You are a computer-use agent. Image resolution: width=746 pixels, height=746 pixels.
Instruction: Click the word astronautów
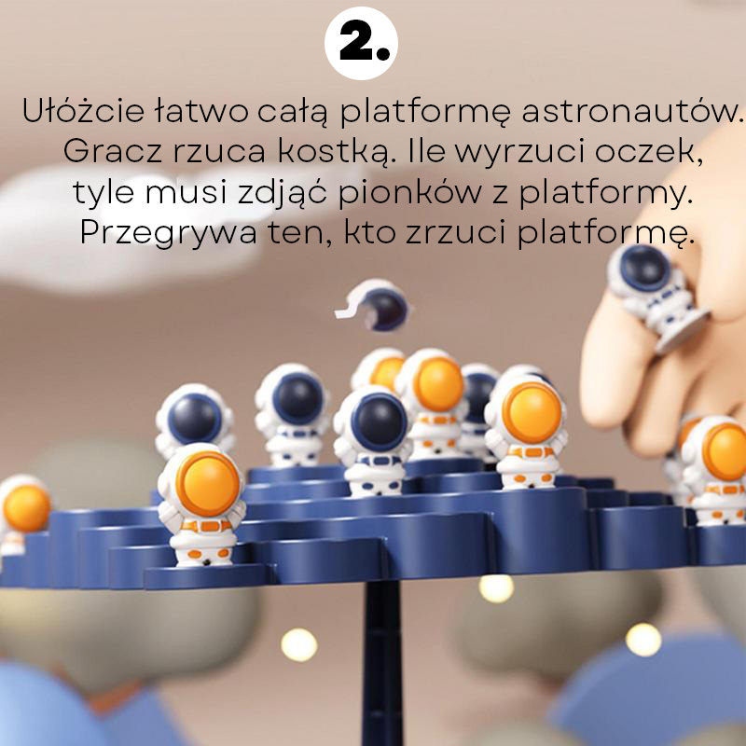pyautogui.click(x=632, y=111)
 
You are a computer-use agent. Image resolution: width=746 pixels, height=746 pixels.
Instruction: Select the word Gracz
pyautogui.click(x=114, y=151)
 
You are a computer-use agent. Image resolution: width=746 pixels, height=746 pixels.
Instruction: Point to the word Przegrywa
pyautogui.click(x=169, y=233)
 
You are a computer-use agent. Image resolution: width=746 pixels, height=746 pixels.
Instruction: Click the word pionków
pyautogui.click(x=409, y=193)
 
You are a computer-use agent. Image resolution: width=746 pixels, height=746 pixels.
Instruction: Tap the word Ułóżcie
pyautogui.click(x=83, y=110)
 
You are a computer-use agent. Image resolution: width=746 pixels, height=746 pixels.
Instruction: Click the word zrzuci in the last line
pyautogui.click(x=456, y=232)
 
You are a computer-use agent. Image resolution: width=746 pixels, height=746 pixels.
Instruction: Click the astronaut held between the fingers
pyautogui.click(x=655, y=295)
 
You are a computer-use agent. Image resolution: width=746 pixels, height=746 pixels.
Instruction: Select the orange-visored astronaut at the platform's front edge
pyautogui.click(x=201, y=504)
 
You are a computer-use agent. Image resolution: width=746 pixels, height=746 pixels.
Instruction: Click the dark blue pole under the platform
pyautogui.click(x=381, y=662)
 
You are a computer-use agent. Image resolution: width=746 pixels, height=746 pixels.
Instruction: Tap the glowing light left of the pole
pyautogui.click(x=298, y=644)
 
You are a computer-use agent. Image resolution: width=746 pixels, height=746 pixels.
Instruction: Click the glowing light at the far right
pyautogui.click(x=642, y=640)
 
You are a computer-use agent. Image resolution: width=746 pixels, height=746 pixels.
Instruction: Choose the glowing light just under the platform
pyautogui.click(x=496, y=588)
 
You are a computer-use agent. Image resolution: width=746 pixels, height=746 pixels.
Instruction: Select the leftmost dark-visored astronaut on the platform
pyautogui.click(x=195, y=421)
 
